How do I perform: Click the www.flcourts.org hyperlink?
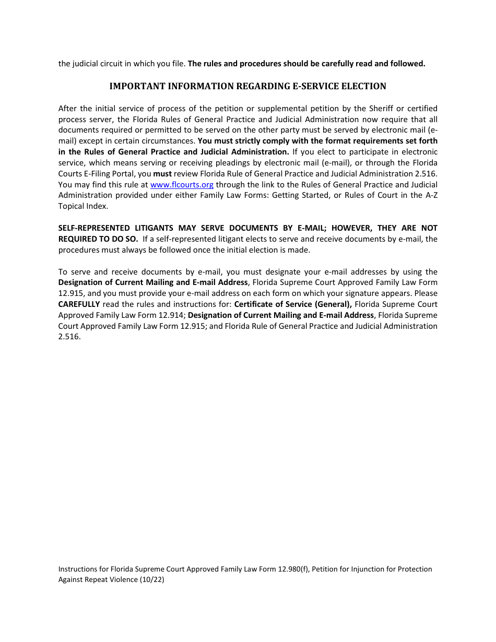click(x=182, y=185)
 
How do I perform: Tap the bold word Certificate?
click(x=256, y=304)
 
